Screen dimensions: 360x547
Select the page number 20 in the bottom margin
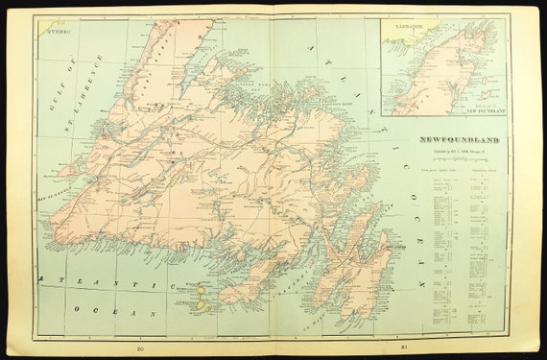coord(140,348)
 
